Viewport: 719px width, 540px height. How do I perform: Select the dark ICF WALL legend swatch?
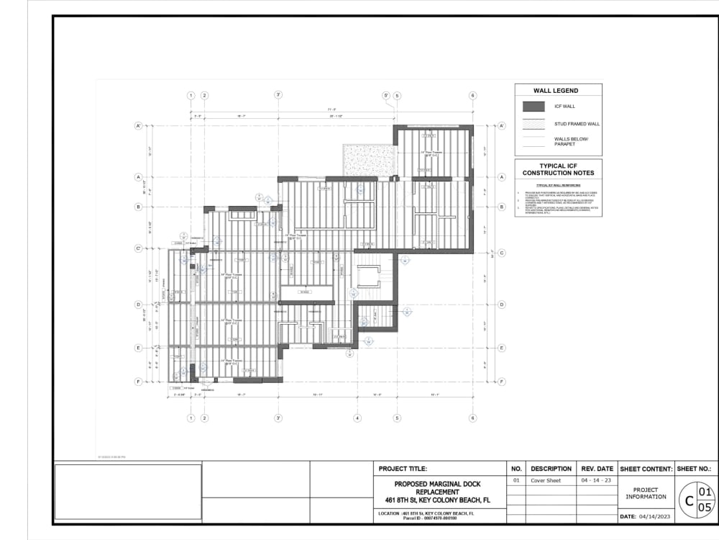(x=533, y=107)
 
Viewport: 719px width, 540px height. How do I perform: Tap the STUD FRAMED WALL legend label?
(x=577, y=124)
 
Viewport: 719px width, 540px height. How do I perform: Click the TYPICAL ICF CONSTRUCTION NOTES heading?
(x=558, y=170)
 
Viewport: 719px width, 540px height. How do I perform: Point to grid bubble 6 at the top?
(x=472, y=96)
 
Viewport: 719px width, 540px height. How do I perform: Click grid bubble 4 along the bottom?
(x=357, y=418)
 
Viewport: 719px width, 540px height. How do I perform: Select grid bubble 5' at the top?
(x=386, y=96)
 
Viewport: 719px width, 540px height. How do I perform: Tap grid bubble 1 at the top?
(x=191, y=96)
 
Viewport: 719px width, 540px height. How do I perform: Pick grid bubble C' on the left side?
(x=138, y=249)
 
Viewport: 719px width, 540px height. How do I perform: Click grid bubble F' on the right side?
(x=502, y=381)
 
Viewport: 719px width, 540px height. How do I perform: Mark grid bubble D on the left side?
(x=138, y=305)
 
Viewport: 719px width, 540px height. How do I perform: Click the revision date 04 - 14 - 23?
(x=597, y=480)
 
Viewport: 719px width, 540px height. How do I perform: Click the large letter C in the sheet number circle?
(x=688, y=500)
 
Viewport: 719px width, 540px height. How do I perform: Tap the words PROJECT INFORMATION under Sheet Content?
(x=646, y=493)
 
